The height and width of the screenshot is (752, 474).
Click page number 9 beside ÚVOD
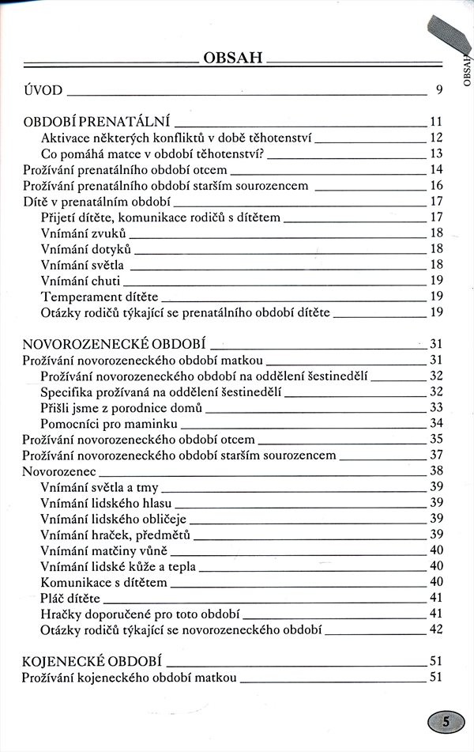(438, 89)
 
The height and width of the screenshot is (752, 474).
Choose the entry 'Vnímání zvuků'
(82, 232)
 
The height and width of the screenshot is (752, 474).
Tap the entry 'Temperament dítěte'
(99, 297)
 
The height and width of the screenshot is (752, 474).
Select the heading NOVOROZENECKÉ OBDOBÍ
(115, 345)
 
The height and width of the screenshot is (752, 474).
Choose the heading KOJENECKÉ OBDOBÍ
(92, 661)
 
